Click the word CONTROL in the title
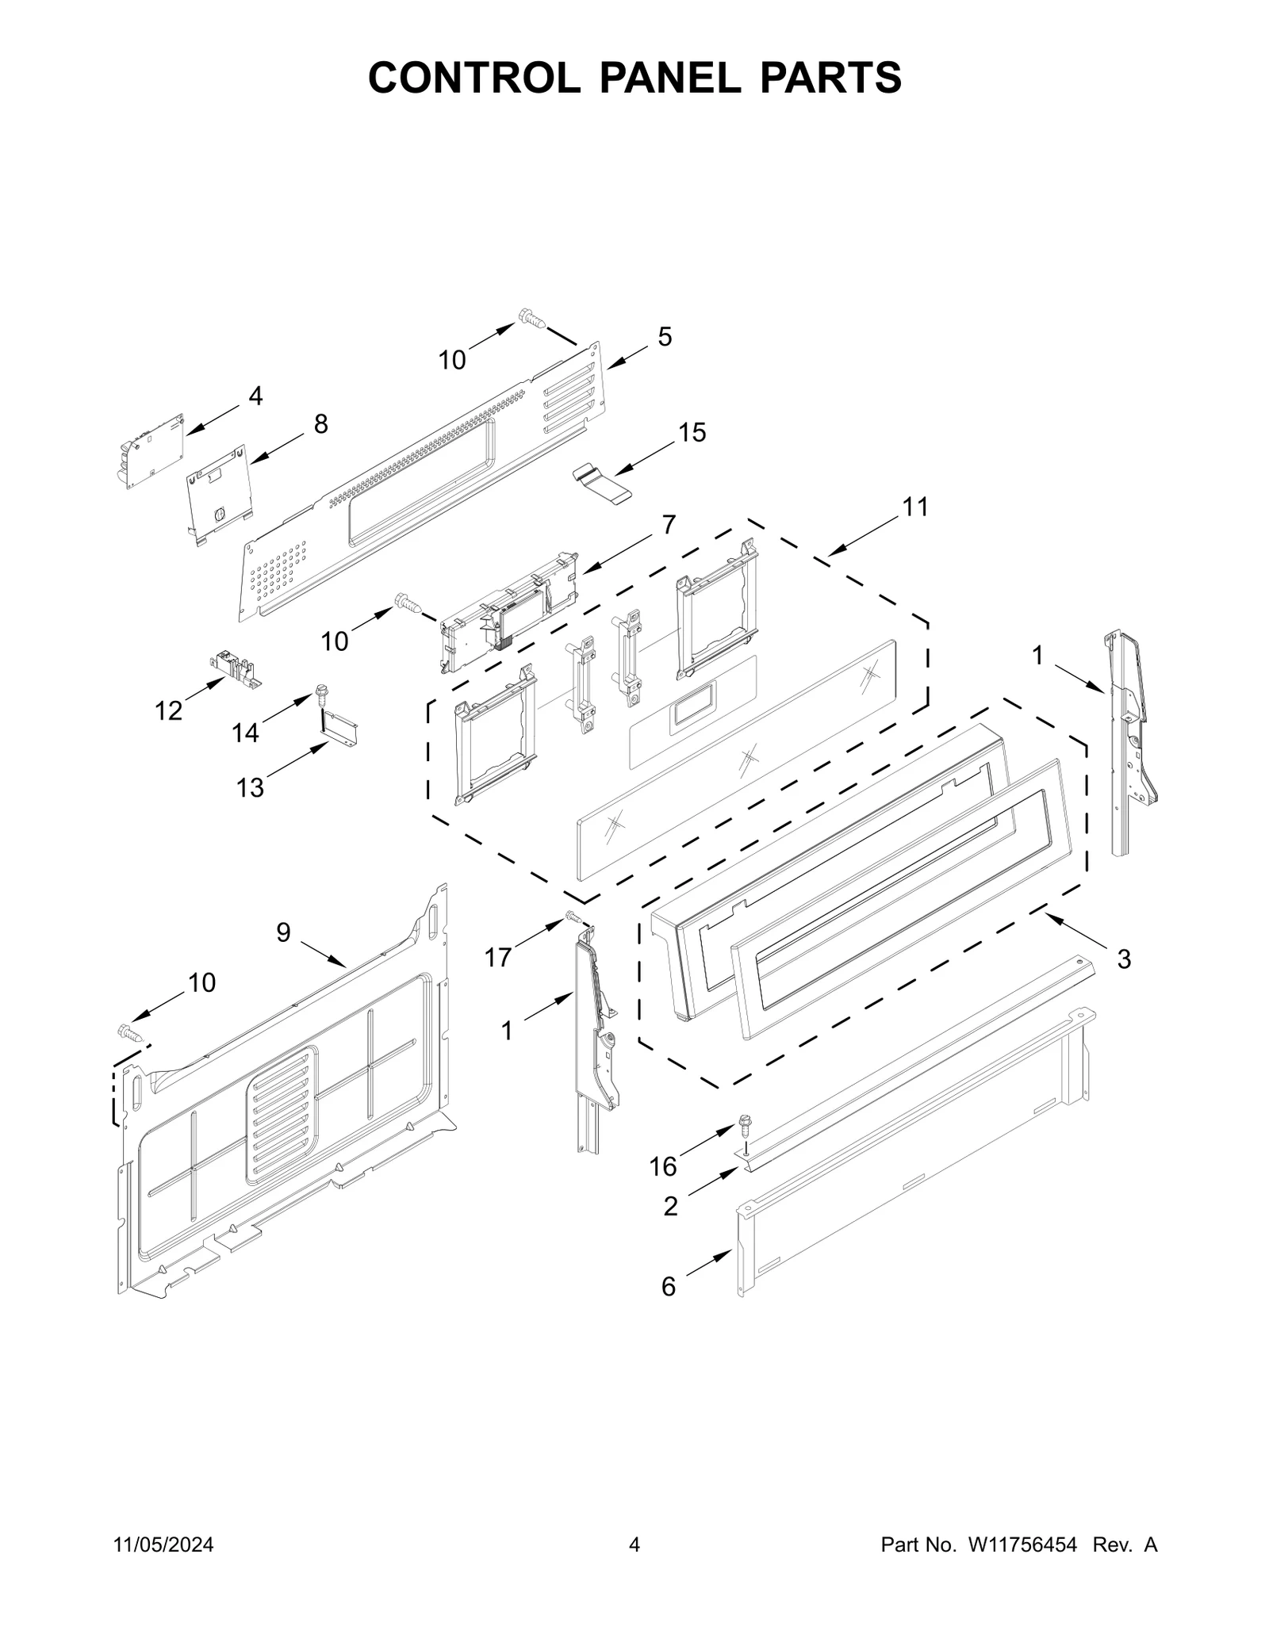tap(473, 78)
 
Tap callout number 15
tap(692, 433)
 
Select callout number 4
tap(255, 396)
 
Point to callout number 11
tap(915, 507)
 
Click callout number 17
tap(498, 958)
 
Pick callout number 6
tap(669, 1287)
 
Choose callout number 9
tap(283, 932)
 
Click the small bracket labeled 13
tap(340, 728)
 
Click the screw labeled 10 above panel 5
tap(532, 319)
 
